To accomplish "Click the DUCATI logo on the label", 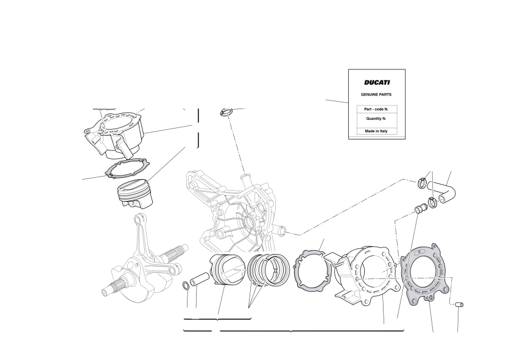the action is pos(376,82).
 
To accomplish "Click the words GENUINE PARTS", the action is pos(376,94).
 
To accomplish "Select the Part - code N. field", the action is pos(376,109).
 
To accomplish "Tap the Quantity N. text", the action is pos(376,119).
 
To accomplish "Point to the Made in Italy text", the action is pos(376,131).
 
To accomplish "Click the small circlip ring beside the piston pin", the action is pos(186,285).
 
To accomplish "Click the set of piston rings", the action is pos(268,270).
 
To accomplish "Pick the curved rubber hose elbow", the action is pos(441,191).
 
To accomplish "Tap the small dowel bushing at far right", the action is pos(460,305).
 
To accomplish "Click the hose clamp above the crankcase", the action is pos(226,112).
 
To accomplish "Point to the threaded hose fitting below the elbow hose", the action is pos(421,208).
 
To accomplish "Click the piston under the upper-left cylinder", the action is pos(135,194).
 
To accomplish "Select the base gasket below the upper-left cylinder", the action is pos(127,168).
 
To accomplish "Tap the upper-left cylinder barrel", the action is pos(114,134).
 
